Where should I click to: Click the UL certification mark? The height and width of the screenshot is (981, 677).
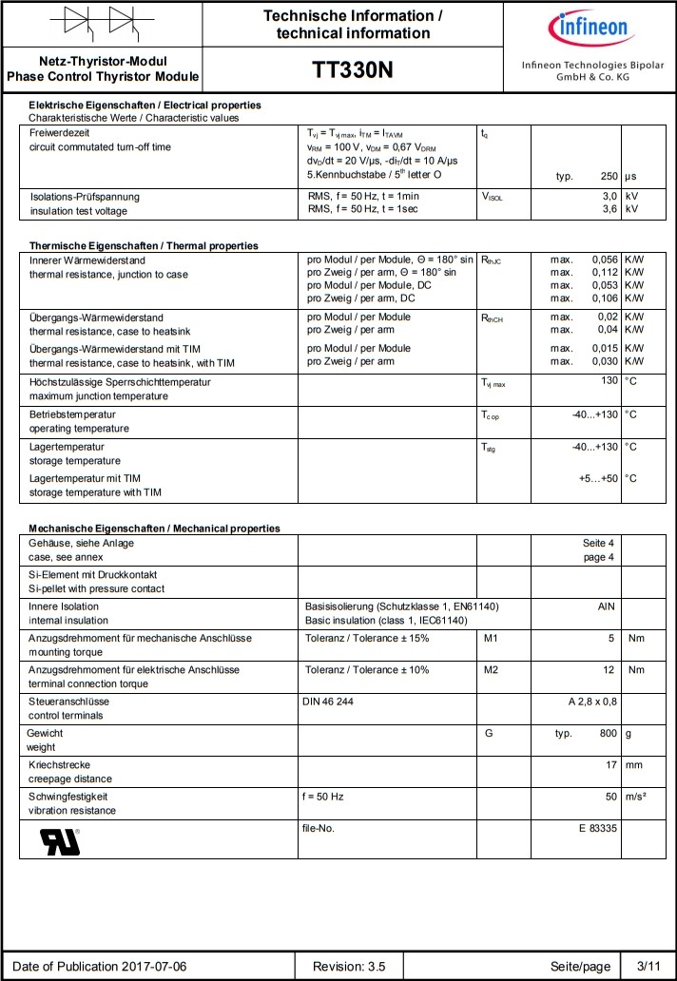click(x=60, y=841)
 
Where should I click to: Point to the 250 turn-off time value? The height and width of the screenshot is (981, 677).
click(x=609, y=177)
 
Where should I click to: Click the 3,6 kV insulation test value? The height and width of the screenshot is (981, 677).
click(x=609, y=210)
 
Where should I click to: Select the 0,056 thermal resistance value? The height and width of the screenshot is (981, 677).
click(x=605, y=260)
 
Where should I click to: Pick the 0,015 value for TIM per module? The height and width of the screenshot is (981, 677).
click(x=605, y=348)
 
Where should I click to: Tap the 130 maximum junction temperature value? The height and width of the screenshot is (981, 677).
click(x=609, y=380)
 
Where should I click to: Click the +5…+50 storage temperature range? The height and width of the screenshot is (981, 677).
click(x=598, y=478)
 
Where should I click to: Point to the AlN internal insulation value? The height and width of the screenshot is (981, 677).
click(x=607, y=606)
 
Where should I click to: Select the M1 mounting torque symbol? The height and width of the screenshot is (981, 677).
click(x=491, y=638)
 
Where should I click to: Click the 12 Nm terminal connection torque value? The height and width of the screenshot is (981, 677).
click(x=609, y=670)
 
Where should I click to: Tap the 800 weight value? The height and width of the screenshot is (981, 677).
click(x=608, y=734)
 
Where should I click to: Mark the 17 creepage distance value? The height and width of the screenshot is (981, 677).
click(x=611, y=765)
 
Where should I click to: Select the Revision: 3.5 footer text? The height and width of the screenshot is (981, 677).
click(x=349, y=967)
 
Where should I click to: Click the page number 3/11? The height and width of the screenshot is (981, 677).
click(x=648, y=967)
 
